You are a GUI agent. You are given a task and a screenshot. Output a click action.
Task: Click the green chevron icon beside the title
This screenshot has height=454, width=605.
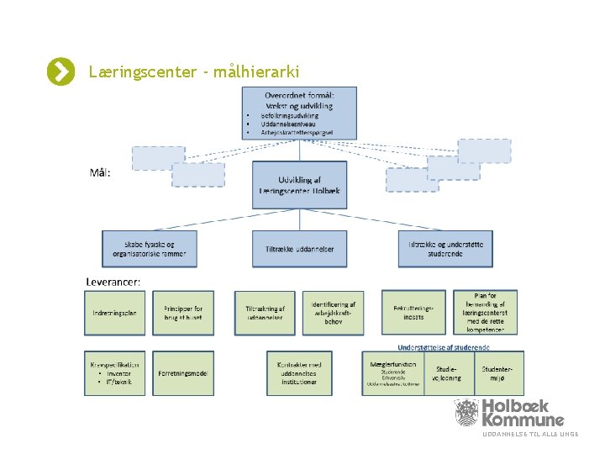tap(60, 72)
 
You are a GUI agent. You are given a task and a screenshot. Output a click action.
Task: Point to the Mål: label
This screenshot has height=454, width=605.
tap(100, 173)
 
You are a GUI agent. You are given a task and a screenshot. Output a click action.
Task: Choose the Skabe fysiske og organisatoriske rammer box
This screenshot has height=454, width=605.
tap(150, 249)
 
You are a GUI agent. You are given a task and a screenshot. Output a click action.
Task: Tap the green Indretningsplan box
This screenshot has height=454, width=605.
tap(114, 312)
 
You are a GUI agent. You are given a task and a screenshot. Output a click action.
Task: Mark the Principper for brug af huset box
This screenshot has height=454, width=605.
tap(183, 312)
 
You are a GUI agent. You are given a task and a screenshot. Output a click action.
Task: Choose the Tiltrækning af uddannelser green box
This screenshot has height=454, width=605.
tap(266, 312)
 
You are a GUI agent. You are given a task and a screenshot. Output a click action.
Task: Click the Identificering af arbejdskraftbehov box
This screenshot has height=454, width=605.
tap(333, 312)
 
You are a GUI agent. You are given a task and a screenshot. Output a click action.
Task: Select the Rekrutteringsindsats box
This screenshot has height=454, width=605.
tap(413, 312)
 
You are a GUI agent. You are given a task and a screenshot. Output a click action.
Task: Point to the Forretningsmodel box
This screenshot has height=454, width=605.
tap(183, 372)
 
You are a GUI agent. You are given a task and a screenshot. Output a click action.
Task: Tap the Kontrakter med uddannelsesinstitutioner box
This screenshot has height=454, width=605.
tap(298, 372)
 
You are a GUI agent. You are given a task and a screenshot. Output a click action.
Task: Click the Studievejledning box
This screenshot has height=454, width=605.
tap(446, 372)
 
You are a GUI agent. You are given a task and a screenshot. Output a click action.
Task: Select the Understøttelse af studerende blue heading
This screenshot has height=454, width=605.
tap(443, 346)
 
